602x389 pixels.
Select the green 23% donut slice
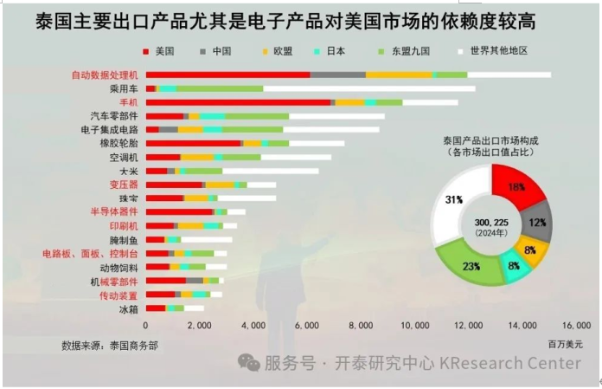click(x=471, y=265)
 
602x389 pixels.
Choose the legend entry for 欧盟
click(x=283, y=51)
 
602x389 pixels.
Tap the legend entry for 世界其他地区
click(x=500, y=51)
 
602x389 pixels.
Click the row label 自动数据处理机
click(x=106, y=75)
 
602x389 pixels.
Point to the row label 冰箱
click(x=129, y=308)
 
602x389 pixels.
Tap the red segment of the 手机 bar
click(x=239, y=102)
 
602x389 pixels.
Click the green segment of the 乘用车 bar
click(x=220, y=88)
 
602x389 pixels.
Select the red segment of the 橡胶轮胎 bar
click(x=194, y=143)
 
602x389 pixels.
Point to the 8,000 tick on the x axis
click(x=361, y=326)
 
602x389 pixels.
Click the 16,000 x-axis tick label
click(x=576, y=326)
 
